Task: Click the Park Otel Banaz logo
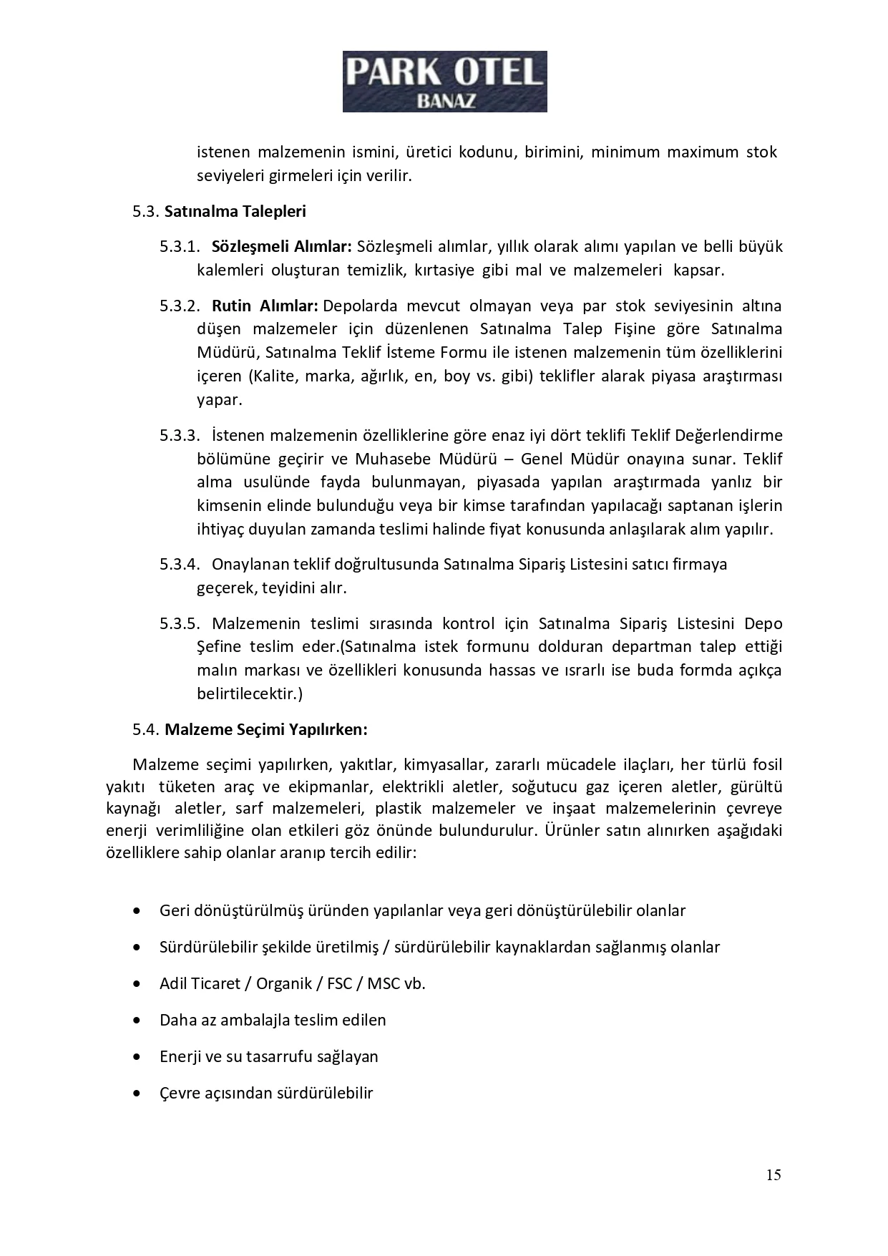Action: click(x=444, y=81)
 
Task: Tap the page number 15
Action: click(x=773, y=1175)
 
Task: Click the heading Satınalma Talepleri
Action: click(x=235, y=211)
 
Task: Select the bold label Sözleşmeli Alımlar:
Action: click(x=282, y=247)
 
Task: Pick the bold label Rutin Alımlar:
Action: click(x=265, y=306)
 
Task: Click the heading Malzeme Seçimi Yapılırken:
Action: click(x=266, y=729)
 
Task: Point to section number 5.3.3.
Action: click(x=180, y=436)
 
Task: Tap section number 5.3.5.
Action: click(x=180, y=624)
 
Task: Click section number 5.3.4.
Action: click(x=180, y=565)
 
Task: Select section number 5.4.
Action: click(x=145, y=729)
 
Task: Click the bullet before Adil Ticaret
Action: click(x=137, y=984)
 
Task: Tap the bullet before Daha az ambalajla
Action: click(x=137, y=1021)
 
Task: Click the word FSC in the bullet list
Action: click(x=340, y=984)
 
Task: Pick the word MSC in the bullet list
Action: click(x=384, y=984)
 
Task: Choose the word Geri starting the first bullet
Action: click(x=174, y=911)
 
